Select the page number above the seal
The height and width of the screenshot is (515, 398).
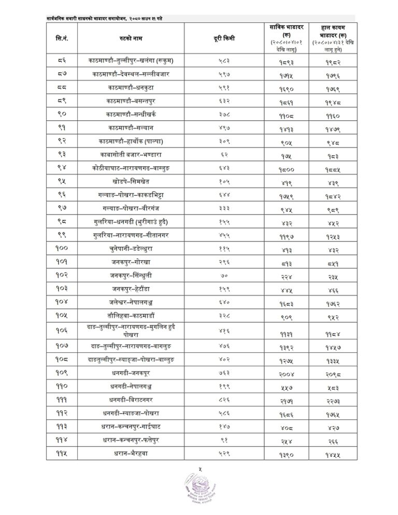click(x=199, y=470)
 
